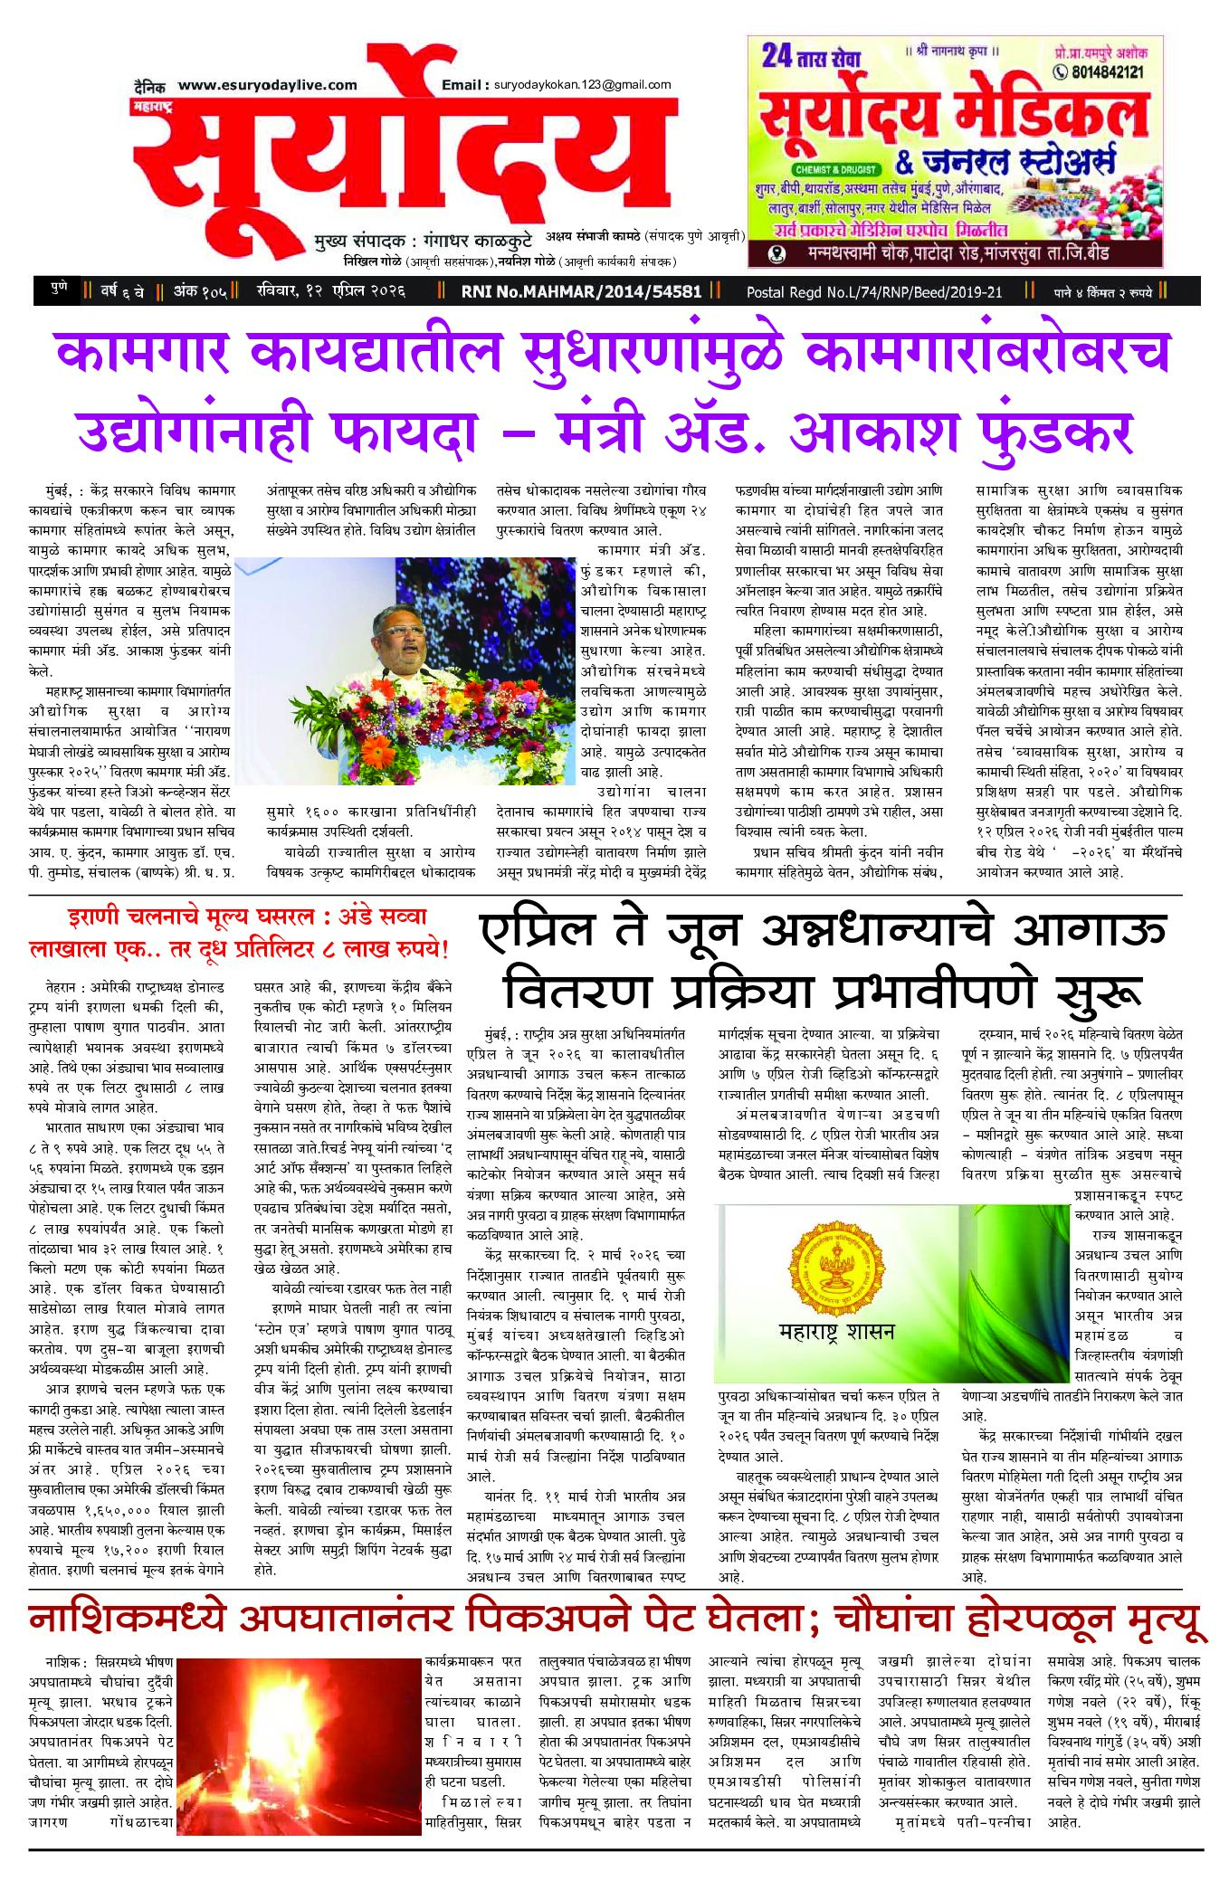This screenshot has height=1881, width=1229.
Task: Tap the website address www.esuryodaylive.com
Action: tap(267, 85)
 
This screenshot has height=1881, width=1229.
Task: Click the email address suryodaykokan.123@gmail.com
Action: tap(582, 85)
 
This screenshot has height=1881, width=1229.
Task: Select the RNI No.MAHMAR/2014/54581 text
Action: tap(581, 291)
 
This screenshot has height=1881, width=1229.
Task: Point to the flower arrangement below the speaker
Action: tap(403, 724)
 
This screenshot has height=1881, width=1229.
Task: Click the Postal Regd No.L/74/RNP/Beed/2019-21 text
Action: tap(873, 291)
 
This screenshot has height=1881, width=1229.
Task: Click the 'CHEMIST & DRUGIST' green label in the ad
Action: tap(835, 169)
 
